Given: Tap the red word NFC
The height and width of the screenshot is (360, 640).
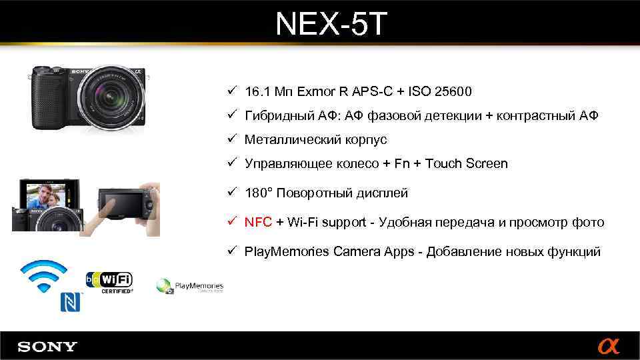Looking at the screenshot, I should pos(258,223).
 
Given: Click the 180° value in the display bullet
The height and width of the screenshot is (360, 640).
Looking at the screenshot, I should pos(258,193).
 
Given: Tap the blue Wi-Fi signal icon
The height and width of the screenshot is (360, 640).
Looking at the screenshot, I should pos(43,275).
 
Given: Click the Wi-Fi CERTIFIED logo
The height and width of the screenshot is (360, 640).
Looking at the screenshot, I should pos(109,281).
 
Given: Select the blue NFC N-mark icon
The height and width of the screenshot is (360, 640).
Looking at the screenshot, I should pos(71,302).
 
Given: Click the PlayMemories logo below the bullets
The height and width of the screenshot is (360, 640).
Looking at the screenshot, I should pos(190,287).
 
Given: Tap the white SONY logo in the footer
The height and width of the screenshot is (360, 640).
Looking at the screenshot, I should pos(47,347).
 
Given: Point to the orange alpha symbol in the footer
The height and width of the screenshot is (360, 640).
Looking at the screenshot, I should pos(608,347).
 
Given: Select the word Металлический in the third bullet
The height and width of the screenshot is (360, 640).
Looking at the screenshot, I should pos(285,140).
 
